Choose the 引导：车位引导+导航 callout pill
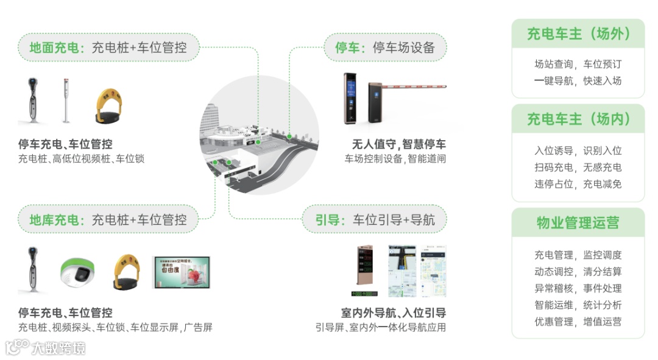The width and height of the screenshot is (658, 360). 375,220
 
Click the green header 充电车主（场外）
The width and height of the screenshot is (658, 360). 578,34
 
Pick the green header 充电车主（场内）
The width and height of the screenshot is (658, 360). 578,119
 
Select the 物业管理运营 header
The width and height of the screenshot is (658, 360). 578,223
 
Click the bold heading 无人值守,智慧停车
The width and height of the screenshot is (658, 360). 399,145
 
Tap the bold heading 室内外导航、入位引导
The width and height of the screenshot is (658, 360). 394,313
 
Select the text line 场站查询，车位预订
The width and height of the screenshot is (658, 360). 578,65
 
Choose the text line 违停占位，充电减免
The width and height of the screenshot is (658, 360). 578,184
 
